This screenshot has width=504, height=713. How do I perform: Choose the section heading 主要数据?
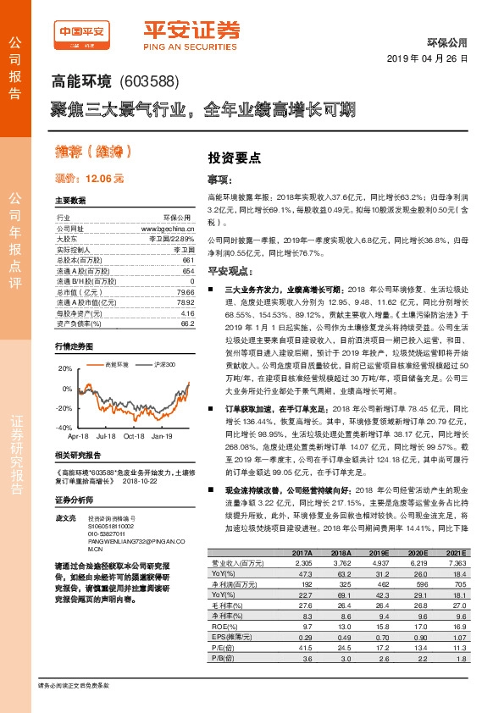point(70,202)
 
